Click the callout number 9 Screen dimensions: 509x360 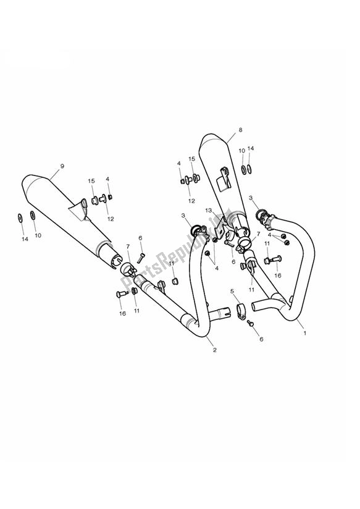click(x=62, y=166)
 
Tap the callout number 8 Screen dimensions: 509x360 click(x=240, y=130)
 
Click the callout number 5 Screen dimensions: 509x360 click(x=232, y=291)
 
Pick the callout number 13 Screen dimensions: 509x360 click(x=209, y=211)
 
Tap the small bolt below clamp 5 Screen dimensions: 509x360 click(x=251, y=322)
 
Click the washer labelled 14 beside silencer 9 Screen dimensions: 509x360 click(x=19, y=217)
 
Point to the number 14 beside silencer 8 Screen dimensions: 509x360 click(x=251, y=149)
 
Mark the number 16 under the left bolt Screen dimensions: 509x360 click(x=122, y=313)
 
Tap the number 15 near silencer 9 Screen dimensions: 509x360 click(x=91, y=180)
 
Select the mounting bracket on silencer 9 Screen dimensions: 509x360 click(x=80, y=210)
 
